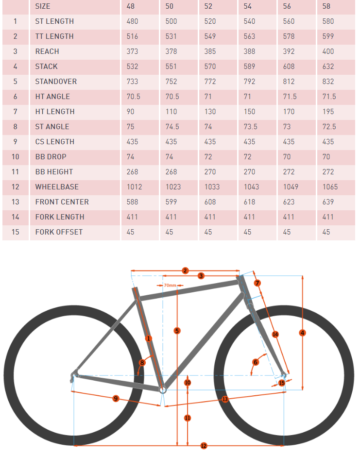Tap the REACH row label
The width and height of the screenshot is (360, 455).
coord(47,51)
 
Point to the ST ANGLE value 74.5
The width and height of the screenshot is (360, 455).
coord(172,127)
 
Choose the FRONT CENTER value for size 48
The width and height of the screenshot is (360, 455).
coord(132,202)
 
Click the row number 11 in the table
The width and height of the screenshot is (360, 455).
coord(16,172)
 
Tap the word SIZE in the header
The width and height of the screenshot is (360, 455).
coord(43,6)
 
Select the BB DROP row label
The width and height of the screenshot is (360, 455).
coord(51,157)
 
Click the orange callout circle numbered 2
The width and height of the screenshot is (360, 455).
coord(185,270)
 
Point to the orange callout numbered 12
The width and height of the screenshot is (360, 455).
coord(204,445)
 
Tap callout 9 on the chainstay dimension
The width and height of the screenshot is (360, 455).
coord(116,398)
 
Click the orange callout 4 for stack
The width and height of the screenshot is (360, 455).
coord(303,333)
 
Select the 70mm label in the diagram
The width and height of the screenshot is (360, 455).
coord(170,285)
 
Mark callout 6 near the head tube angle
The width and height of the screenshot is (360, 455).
coord(256,362)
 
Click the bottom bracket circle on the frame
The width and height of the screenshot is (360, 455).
coord(163,389)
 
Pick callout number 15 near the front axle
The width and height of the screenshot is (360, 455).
coord(282,383)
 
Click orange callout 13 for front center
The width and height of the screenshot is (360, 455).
coord(225,399)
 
